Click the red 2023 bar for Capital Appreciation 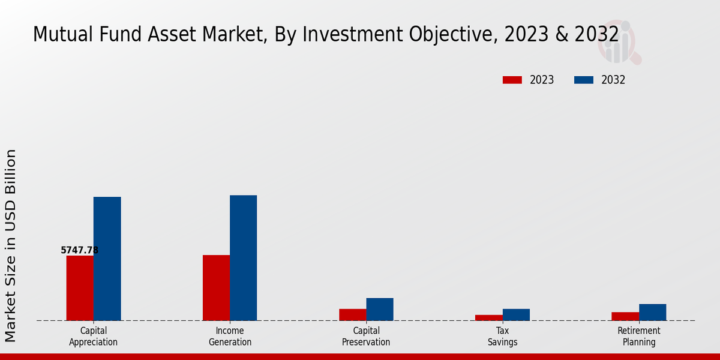[x=80, y=288]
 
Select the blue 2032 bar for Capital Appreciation [x=107, y=259]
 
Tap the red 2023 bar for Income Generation [x=216, y=287]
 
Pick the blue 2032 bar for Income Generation [x=243, y=257]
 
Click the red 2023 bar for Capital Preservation [x=352, y=314]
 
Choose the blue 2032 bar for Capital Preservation [x=380, y=309]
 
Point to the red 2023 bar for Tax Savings [x=488, y=317]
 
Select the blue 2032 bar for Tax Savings [x=516, y=314]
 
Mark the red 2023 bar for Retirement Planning [x=625, y=316]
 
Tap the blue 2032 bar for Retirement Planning [x=652, y=312]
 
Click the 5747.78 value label [x=79, y=250]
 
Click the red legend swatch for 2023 [x=512, y=80]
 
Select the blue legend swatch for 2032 [x=584, y=80]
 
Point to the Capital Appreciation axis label [x=93, y=336]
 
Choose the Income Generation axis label [x=230, y=336]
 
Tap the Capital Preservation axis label [x=366, y=336]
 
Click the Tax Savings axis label [x=503, y=336]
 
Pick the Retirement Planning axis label [x=639, y=336]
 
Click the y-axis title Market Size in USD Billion [x=11, y=246]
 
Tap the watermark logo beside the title [x=619, y=43]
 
